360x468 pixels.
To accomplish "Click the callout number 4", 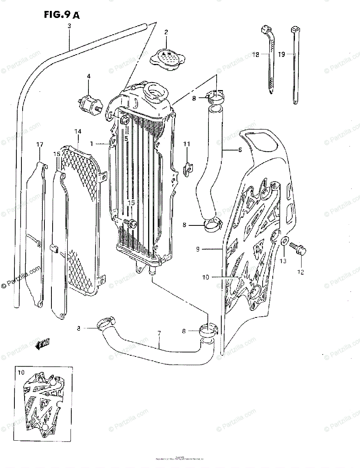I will pos(88,76).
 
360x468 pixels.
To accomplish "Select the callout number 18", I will pos(256,55).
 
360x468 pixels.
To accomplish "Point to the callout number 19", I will pos(282,55).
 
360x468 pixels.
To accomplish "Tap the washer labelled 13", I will pos(284,243).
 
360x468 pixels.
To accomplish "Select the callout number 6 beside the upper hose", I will pos(240,150).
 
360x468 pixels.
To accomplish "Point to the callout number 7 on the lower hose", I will pos(159,334).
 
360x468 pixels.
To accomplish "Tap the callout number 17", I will pos(39,145).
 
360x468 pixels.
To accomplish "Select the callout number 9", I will pos(209,249).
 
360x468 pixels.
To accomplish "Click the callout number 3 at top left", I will pos(69,26).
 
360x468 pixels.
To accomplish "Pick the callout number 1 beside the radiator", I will pos(92,144).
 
